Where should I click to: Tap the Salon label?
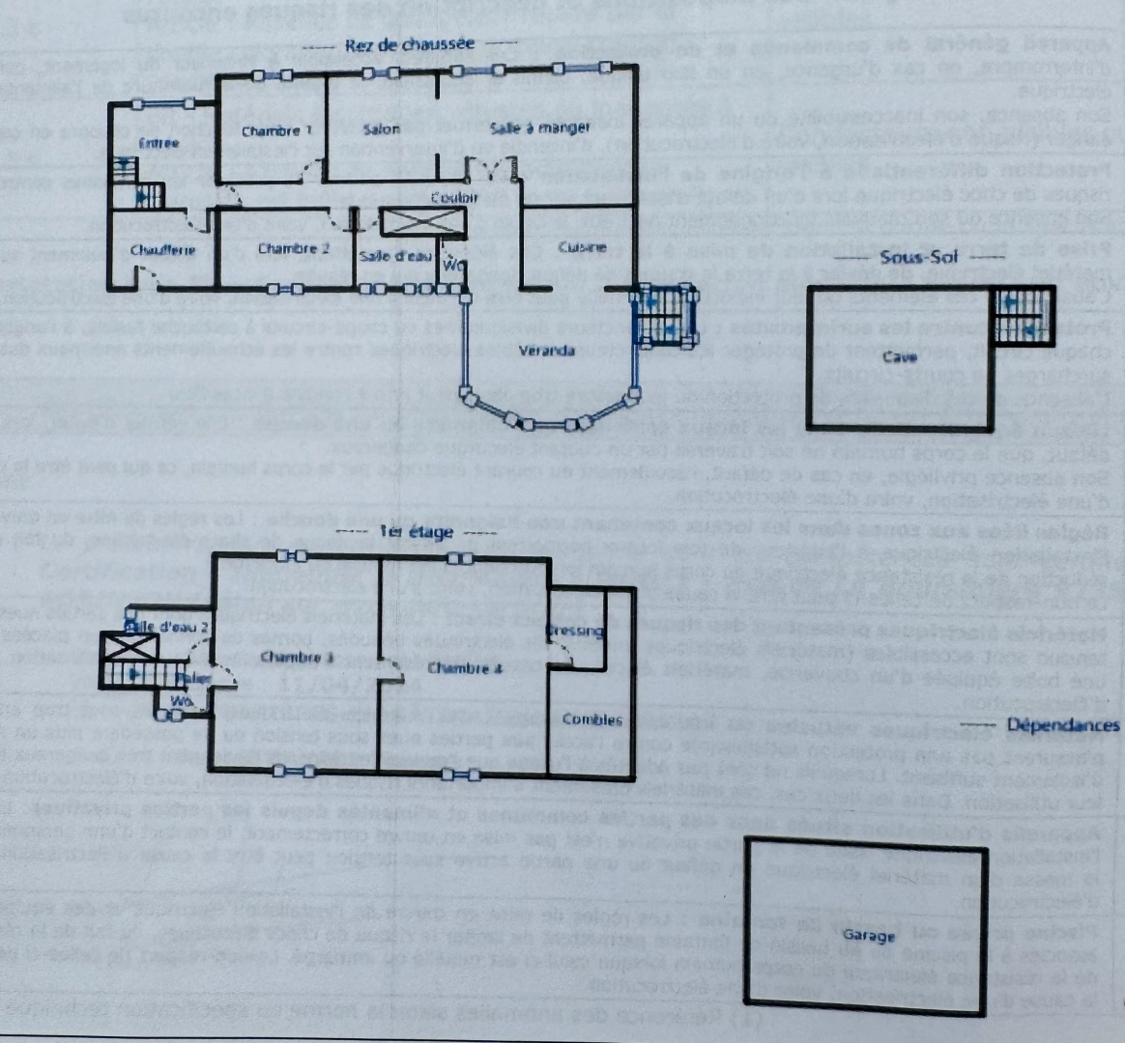pos(382,129)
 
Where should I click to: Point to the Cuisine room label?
pos(582,247)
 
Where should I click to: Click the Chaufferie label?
pos(162,250)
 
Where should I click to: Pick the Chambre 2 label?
pos(294,249)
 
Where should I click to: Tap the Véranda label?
pos(546,351)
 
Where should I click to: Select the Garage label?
pos(869,935)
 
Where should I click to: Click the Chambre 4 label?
pos(460,668)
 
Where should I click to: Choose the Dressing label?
pos(576,632)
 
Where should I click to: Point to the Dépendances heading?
pos(1063,725)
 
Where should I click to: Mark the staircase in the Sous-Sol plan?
pos(1022,317)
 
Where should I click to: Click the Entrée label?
pos(159,144)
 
